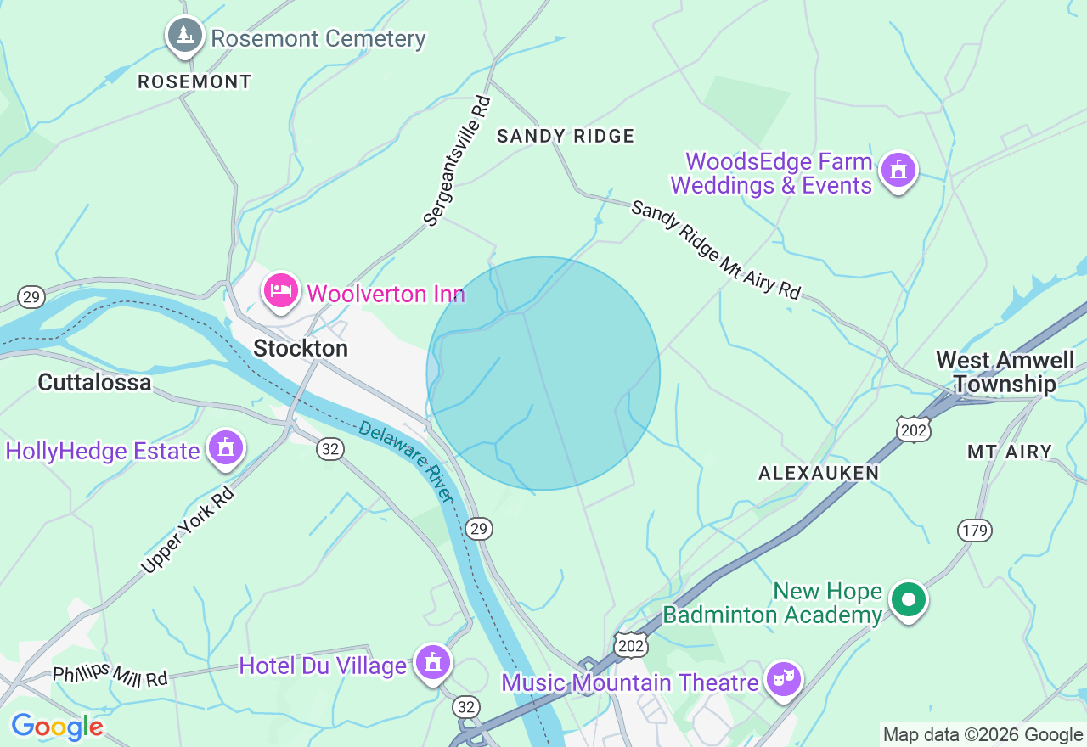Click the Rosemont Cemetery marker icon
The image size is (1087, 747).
[184, 36]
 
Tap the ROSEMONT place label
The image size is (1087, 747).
[194, 82]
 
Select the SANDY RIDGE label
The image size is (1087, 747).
[566, 136]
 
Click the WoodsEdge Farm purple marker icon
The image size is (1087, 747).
[898, 170]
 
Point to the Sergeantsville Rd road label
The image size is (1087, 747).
[458, 161]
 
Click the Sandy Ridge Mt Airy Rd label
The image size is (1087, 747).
[716, 250]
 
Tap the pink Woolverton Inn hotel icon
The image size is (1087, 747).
[281, 292]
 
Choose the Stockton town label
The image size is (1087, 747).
[301, 349]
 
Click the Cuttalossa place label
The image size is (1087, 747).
[94, 383]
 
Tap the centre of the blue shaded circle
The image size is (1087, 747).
[543, 373]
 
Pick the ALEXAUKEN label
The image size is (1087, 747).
[819, 473]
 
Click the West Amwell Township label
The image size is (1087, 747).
[1005, 373]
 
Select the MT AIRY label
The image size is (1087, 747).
[1010, 452]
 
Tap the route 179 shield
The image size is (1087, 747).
[975, 531]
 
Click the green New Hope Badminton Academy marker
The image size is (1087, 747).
[908, 600]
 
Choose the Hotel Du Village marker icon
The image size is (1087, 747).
[433, 662]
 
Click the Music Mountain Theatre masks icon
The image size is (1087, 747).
[783, 679]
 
